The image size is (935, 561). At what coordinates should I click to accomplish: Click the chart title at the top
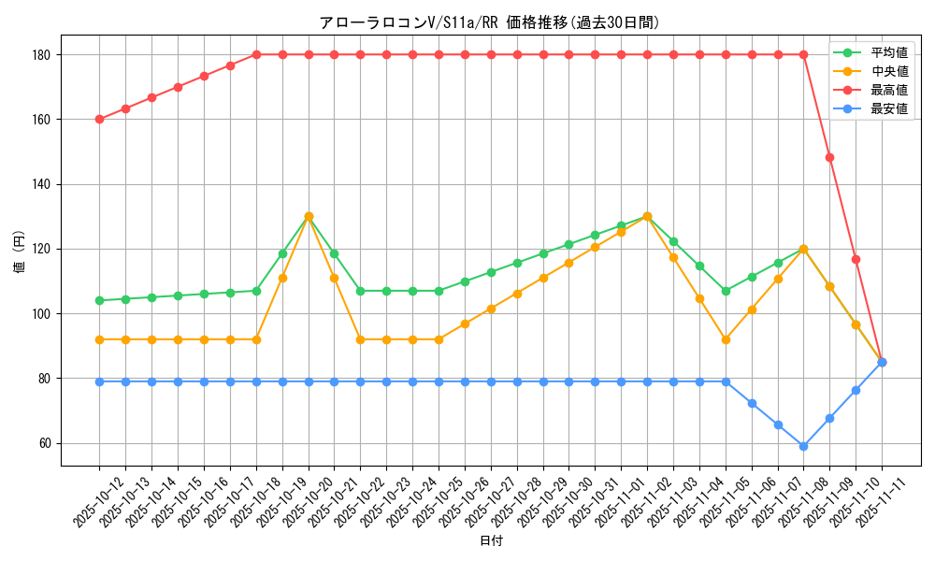click(x=489, y=22)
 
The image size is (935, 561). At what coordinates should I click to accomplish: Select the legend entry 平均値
click(x=889, y=52)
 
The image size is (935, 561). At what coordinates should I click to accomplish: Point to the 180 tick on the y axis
click(x=42, y=55)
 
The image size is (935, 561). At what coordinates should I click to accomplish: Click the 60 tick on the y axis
click(x=45, y=443)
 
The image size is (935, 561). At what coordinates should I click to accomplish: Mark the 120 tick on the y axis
click(x=42, y=250)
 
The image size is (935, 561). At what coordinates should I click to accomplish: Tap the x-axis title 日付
click(x=491, y=541)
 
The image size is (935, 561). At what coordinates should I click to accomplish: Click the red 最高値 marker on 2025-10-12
click(x=99, y=120)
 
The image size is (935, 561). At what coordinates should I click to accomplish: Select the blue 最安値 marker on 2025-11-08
click(x=803, y=446)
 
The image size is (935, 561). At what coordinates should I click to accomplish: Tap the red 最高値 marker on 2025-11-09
click(x=829, y=157)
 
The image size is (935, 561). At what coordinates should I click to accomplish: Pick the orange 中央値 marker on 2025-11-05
click(x=726, y=339)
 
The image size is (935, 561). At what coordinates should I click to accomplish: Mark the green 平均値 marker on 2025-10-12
click(x=99, y=301)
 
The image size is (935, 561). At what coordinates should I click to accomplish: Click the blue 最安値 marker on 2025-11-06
click(x=752, y=403)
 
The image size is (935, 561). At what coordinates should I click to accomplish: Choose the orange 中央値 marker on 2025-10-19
click(x=282, y=278)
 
